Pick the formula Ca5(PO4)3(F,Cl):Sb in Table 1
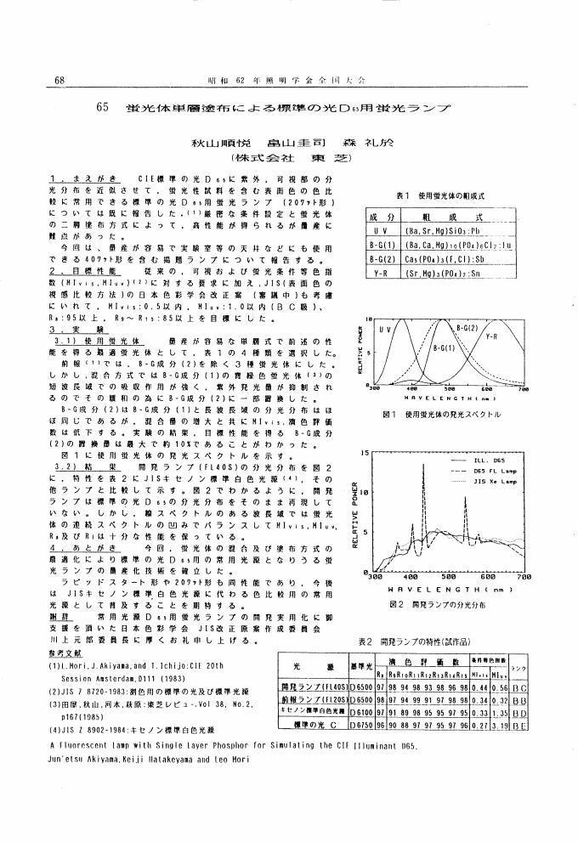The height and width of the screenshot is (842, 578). pyautogui.click(x=446, y=257)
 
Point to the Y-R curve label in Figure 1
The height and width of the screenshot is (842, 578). pyautogui.click(x=492, y=336)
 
